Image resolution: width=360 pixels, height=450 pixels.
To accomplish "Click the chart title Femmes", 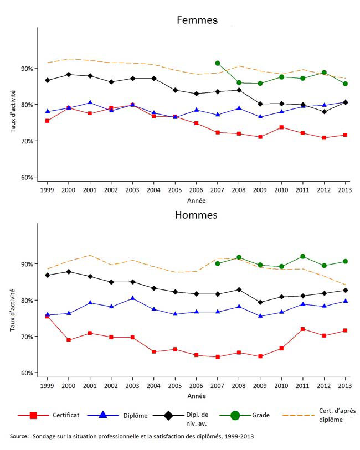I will (197, 20).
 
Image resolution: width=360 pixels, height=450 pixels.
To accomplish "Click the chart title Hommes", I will (197, 215).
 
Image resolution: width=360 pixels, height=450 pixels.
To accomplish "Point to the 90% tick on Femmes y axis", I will (27, 69).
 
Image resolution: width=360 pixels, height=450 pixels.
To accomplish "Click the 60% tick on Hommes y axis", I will (27, 373).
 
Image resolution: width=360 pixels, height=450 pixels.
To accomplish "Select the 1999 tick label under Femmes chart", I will (47, 188).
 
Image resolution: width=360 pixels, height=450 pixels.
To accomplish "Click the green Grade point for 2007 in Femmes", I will (218, 63).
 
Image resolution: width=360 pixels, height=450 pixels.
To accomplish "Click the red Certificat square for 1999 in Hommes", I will (47, 317).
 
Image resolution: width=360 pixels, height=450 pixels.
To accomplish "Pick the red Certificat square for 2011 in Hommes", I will (302, 329).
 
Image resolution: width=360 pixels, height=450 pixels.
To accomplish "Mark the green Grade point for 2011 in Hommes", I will (302, 256).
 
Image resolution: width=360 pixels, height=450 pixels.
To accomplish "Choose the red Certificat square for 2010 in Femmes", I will (281, 127).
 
